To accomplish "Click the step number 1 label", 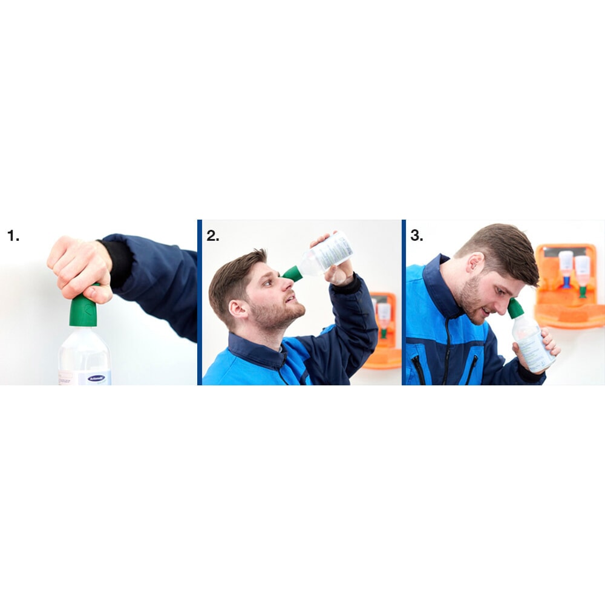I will coord(13,236).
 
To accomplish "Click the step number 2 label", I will coord(212,236).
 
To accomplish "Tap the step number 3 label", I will coord(416,236).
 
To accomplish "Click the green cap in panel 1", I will coord(83,310).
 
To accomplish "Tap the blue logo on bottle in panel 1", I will coord(96,378).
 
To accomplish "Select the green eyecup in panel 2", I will coord(292,273).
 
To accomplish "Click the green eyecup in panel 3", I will coord(515,308).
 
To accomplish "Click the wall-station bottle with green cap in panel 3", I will coord(582,272).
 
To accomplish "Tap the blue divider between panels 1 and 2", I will coord(200,302).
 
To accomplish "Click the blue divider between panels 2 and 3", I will coord(404,302).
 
